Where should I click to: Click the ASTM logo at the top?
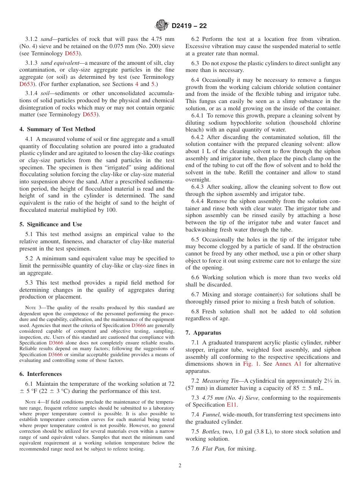(162, 26)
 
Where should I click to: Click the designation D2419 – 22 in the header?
(189, 26)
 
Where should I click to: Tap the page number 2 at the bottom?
(180, 465)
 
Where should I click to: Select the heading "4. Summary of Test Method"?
(57, 129)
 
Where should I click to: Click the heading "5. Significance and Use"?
(51, 224)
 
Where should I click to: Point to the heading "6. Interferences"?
(41, 374)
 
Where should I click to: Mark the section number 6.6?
(196, 277)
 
